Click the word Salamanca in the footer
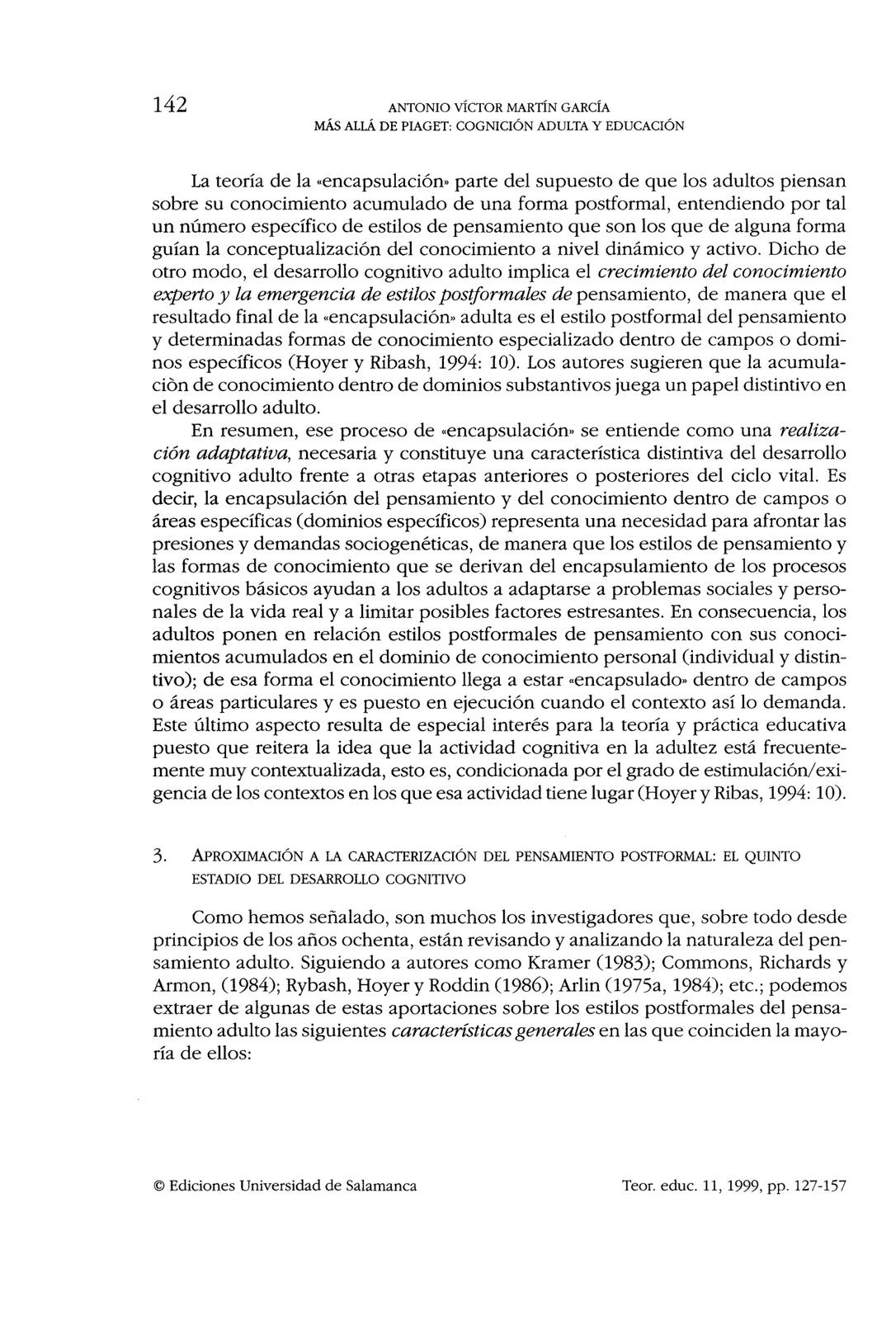[x=382, y=1186]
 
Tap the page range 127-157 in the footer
[x=819, y=1186]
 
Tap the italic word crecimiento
[x=643, y=271]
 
